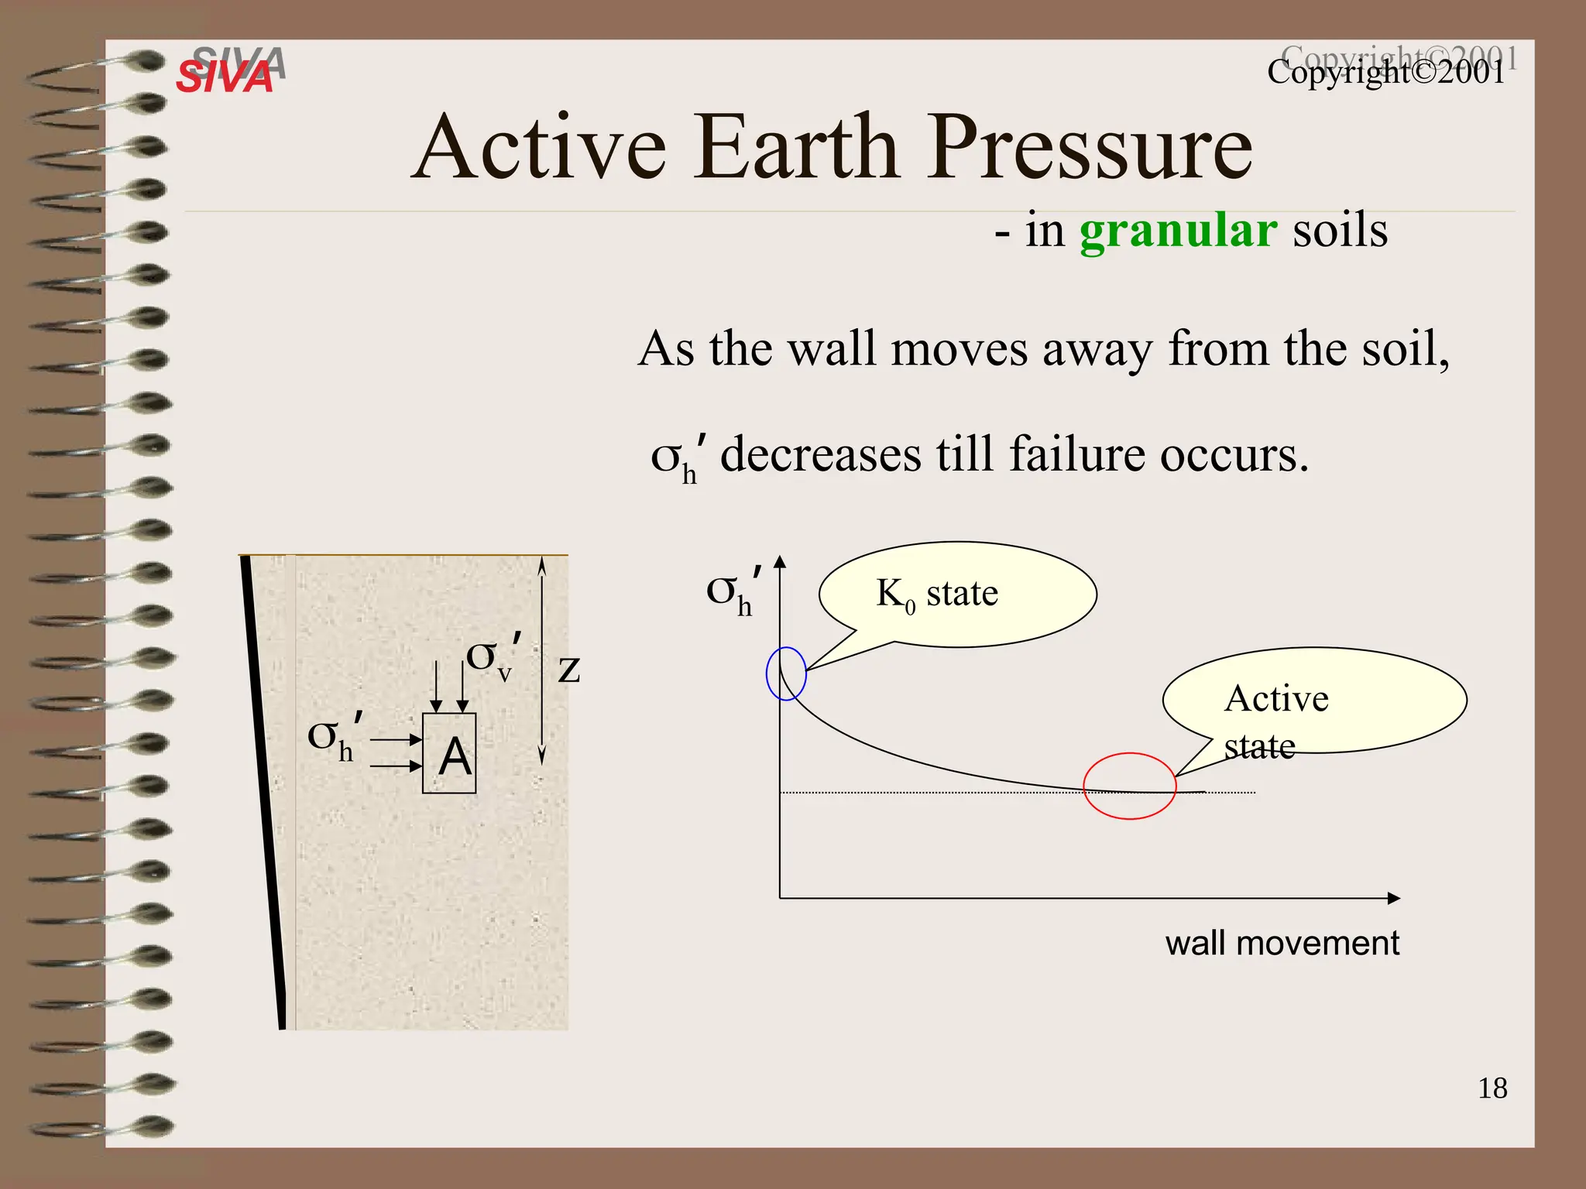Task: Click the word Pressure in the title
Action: coord(1090,147)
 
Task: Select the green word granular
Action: coord(1177,231)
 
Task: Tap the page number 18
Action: coord(1492,1088)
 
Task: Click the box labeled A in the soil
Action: coord(449,754)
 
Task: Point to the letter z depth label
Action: coord(569,668)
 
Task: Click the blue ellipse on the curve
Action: coord(786,673)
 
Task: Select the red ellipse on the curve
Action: coord(1129,786)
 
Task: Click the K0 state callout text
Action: coord(937,594)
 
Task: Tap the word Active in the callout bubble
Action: coord(1276,699)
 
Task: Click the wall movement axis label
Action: coord(1282,944)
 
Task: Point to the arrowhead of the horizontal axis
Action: coord(1394,898)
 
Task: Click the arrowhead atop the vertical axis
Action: coord(780,561)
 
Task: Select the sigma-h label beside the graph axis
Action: coord(732,593)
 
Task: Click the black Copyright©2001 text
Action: coord(1386,73)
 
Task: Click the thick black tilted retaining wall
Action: coord(264,790)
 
